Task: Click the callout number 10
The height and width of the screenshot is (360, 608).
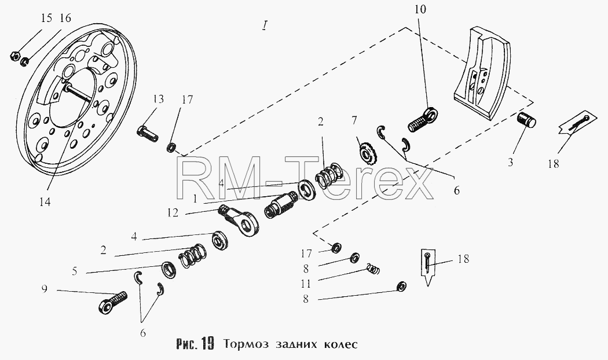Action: (x=420, y=9)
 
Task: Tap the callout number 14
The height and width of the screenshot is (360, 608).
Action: (x=45, y=202)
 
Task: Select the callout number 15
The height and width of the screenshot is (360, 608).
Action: (x=46, y=18)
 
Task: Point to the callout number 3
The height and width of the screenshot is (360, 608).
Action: (x=510, y=162)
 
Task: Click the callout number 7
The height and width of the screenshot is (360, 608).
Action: (x=354, y=120)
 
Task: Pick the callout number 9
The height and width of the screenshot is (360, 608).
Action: (x=45, y=289)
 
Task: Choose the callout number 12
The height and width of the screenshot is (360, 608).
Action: (x=173, y=212)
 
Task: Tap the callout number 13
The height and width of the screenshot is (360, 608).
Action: (x=158, y=99)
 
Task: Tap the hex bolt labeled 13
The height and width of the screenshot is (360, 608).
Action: (x=147, y=134)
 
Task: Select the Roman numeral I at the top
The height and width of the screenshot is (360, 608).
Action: (x=264, y=25)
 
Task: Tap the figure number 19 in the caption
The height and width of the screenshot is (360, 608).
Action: (x=208, y=343)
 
